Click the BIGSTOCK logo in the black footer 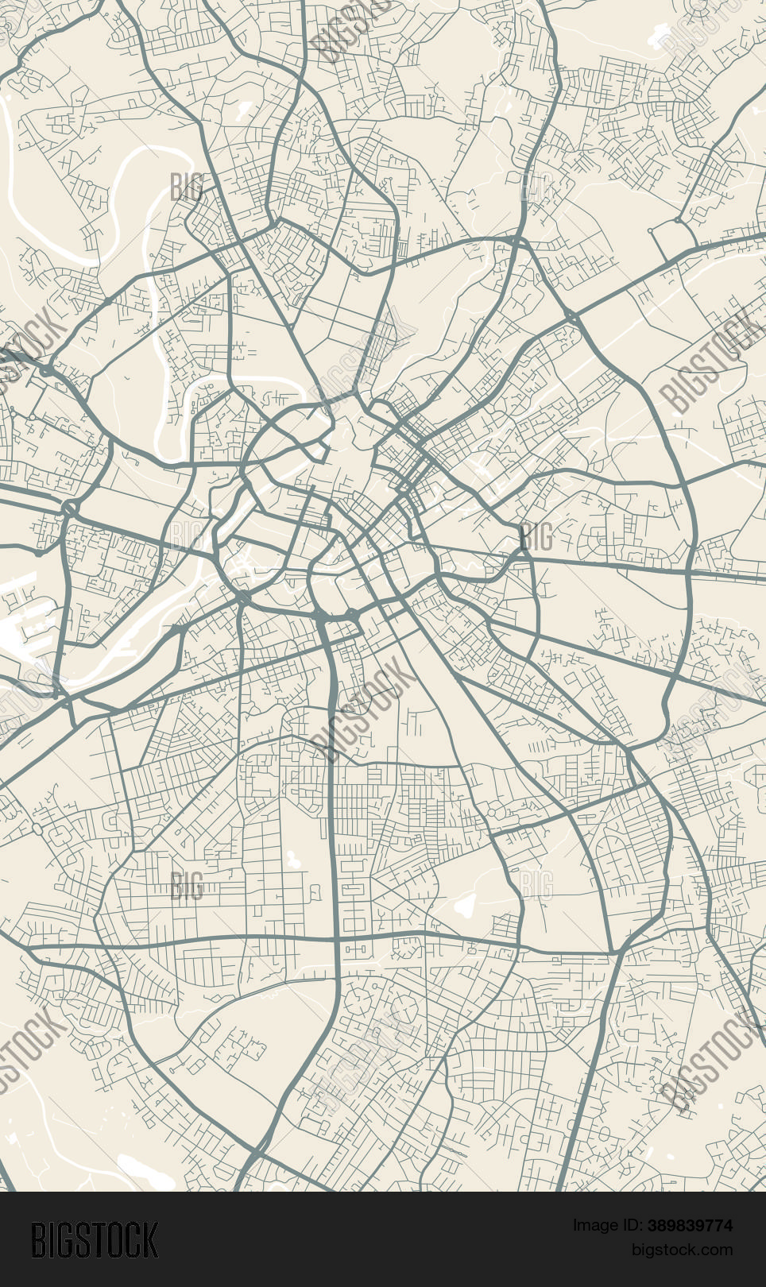pos(95,1240)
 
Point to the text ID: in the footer pos(629,1226)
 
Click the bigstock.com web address pos(682,1250)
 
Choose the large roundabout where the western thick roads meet pos(68,507)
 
